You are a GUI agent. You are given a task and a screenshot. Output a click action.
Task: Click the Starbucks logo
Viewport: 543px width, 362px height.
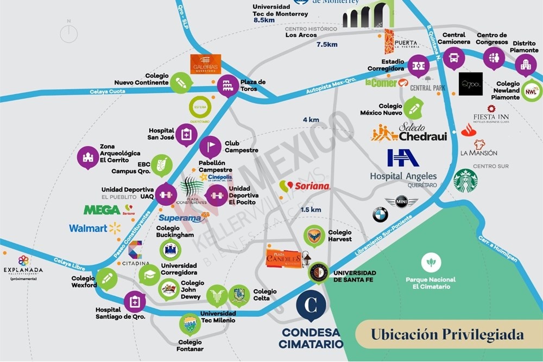pos(465,181)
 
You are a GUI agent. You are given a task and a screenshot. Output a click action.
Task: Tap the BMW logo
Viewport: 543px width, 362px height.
pos(380,215)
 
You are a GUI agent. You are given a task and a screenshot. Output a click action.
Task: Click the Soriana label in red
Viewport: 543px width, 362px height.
pos(311,186)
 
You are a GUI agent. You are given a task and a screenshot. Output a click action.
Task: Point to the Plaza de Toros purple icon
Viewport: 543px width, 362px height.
pos(228,86)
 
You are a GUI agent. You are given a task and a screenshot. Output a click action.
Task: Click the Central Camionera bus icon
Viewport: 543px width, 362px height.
pos(453,56)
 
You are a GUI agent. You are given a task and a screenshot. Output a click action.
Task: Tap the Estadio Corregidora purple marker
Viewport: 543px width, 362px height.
pos(418,66)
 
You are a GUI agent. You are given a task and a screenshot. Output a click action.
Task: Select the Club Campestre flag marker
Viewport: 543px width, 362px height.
pos(211,147)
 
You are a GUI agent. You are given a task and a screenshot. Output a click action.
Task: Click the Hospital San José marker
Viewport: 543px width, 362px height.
pos(186,134)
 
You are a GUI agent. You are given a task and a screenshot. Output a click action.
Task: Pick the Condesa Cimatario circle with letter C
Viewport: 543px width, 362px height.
pos(311,306)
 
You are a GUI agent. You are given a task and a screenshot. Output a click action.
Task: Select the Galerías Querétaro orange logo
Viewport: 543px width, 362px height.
pos(205,65)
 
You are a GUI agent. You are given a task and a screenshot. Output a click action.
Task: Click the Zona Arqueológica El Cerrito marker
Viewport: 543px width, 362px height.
pos(88,158)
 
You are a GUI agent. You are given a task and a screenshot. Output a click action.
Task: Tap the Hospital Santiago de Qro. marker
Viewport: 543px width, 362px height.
pos(135,301)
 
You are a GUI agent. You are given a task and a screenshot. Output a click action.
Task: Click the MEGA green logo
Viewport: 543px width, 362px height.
pos(102,209)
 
